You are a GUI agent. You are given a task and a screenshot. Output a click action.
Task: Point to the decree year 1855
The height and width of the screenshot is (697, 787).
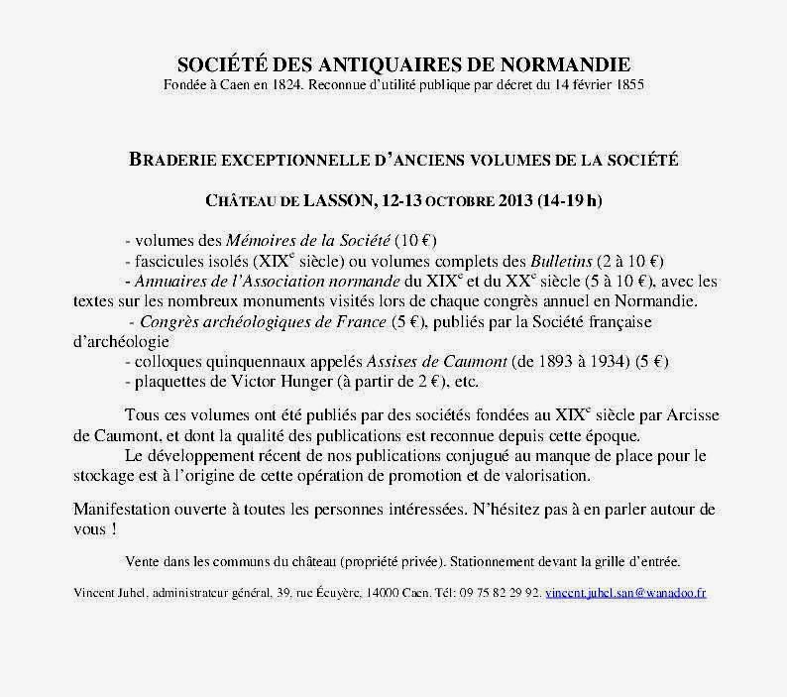[x=628, y=86]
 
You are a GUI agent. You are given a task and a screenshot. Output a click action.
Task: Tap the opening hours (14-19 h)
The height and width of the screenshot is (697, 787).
[x=568, y=201]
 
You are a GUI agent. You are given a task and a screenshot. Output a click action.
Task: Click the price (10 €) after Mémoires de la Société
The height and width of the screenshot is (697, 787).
[x=416, y=241]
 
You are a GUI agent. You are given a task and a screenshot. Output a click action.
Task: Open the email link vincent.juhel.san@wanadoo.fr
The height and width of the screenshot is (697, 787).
[x=625, y=593]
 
